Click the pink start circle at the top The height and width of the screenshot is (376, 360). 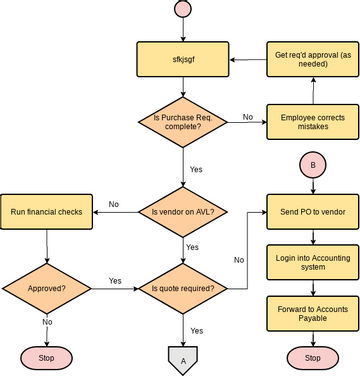pyautogui.click(x=182, y=9)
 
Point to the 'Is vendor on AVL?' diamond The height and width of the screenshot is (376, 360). pyautogui.click(x=182, y=211)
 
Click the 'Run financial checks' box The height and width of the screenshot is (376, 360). pyautogui.click(x=46, y=211)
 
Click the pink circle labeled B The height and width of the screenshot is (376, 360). pyautogui.click(x=313, y=164)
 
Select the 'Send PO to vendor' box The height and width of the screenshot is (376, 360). pyautogui.click(x=313, y=211)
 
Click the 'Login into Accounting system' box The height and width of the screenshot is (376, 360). pyautogui.click(x=313, y=261)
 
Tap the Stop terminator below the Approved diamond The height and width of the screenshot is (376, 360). pyautogui.click(x=46, y=358)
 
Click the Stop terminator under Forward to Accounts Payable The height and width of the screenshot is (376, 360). pyautogui.click(x=313, y=358)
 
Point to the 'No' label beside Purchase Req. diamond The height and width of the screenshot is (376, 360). pyautogui.click(x=247, y=117)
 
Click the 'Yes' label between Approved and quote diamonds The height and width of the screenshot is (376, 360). pyautogui.click(x=115, y=280)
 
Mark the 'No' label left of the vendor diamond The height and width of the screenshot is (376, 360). pyautogui.click(x=114, y=204)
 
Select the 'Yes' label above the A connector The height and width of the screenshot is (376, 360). pyautogui.click(x=196, y=330)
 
